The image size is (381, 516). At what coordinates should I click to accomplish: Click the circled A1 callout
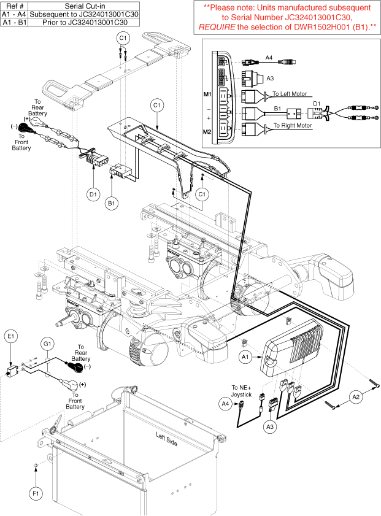(245, 356)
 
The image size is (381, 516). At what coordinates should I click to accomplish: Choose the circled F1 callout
(35, 491)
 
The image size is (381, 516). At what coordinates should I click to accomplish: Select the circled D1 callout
(93, 194)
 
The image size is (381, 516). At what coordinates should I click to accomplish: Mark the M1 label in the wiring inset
(207, 95)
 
